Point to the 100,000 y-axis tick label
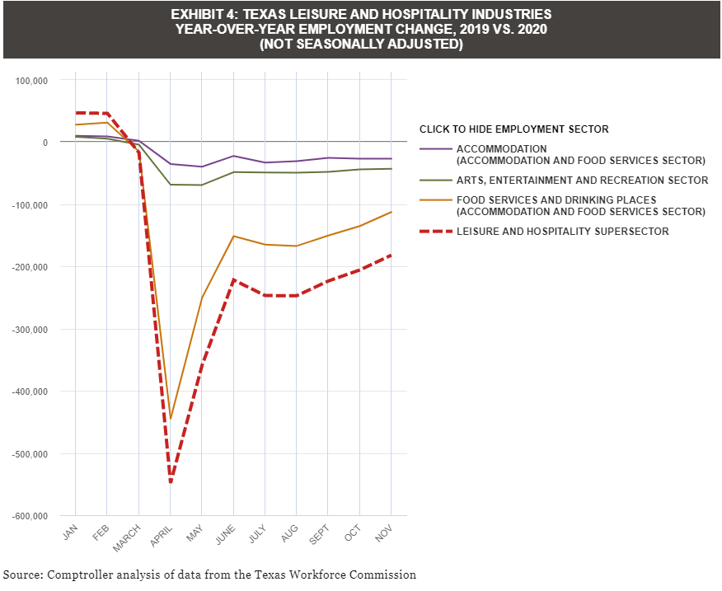pos(32,81)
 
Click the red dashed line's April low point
pos(171,482)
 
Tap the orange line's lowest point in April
pos(171,419)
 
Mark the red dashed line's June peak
pos(233,279)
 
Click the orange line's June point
pos(233,237)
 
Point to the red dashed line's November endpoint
pos(391,256)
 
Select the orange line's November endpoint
pos(391,212)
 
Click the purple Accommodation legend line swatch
pos(435,149)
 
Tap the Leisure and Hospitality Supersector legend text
pos(562,232)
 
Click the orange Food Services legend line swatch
pos(435,200)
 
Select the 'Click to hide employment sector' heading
pos(513,129)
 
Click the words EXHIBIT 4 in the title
pos(207,15)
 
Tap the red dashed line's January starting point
pos(75,113)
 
